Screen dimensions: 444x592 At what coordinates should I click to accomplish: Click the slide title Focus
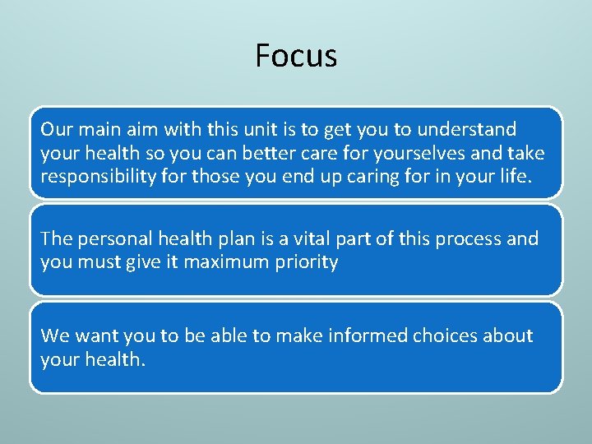pos(296,56)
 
